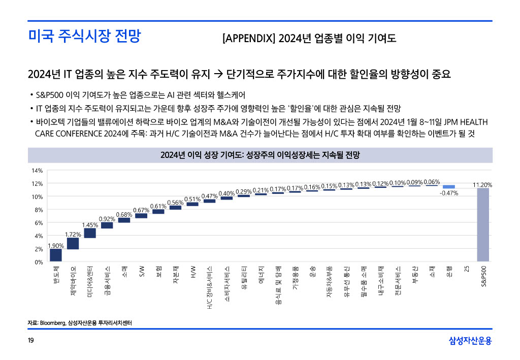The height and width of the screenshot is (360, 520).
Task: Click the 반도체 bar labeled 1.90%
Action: coord(56,255)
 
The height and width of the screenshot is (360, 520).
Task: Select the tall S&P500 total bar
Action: coord(483,225)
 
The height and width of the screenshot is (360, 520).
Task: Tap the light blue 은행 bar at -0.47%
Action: coord(448,187)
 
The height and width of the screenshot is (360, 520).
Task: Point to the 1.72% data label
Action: coord(73,234)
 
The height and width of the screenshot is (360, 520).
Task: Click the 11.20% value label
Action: coord(482,185)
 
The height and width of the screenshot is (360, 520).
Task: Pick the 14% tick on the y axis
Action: coord(38,170)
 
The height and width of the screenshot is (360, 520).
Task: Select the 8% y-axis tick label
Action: coord(39,210)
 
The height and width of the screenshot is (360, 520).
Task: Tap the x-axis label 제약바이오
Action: coord(73,281)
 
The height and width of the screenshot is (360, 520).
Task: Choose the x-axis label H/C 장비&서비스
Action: coord(210,287)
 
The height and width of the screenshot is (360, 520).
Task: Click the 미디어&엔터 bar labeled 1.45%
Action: coord(90,233)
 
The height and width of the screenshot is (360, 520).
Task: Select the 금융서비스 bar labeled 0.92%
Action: coord(107,225)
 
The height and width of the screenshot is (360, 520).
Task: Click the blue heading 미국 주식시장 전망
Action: coord(84,37)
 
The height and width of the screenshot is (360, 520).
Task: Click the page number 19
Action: coord(31,340)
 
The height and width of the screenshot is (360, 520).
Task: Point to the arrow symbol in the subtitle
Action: coord(216,75)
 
